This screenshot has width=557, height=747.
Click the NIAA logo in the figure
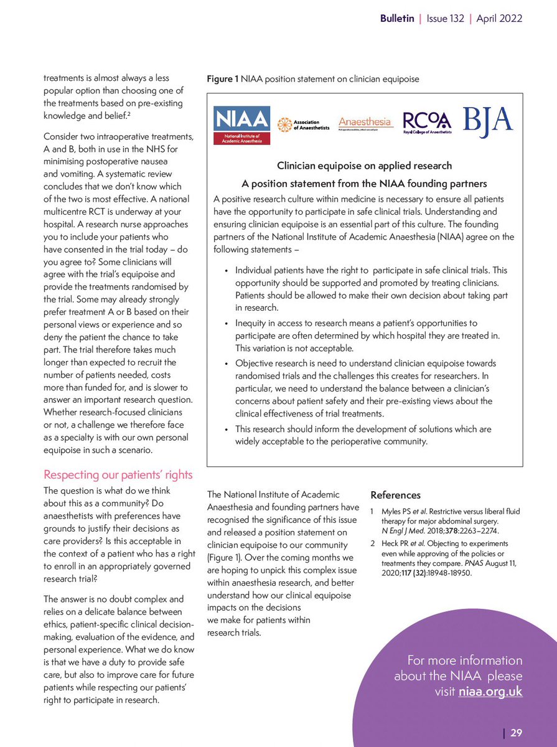click(x=242, y=125)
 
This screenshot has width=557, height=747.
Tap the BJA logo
click(x=487, y=118)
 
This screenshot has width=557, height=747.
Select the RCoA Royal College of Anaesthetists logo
click(x=427, y=122)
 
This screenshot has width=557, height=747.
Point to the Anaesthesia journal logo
click(x=365, y=123)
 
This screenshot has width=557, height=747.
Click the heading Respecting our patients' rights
click(x=118, y=475)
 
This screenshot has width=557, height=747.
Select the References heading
click(x=395, y=496)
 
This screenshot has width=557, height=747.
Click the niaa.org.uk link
click(x=490, y=692)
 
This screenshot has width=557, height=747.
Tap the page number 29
click(x=516, y=733)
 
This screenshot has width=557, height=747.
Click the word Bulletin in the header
click(x=397, y=19)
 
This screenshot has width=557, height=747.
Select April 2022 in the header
click(x=499, y=19)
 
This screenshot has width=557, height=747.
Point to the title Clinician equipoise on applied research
click(x=364, y=166)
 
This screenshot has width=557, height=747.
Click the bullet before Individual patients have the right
click(x=227, y=271)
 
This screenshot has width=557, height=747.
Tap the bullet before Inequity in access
click(x=227, y=324)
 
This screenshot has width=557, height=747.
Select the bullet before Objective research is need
click(x=227, y=363)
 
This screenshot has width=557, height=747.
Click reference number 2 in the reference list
click(x=373, y=542)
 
